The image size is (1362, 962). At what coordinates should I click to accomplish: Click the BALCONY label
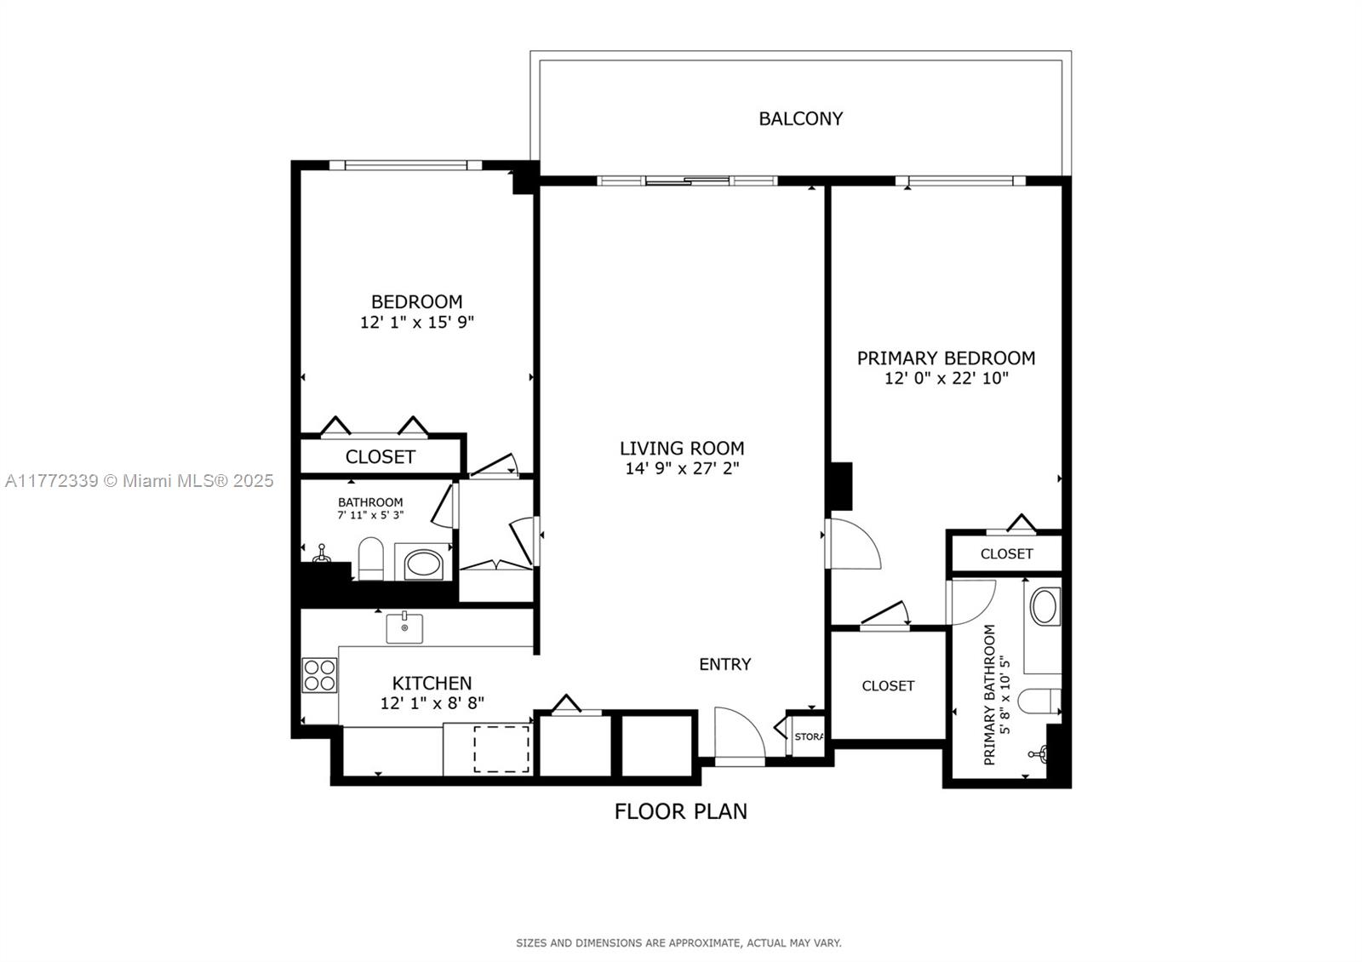point(801,118)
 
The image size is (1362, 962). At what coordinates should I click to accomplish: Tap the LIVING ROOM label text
point(682,448)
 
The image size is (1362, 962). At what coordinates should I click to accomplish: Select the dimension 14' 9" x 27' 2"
point(682,468)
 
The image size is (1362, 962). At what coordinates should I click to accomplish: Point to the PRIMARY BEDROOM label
point(946,358)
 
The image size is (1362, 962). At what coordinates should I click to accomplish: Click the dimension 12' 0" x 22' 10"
point(946,378)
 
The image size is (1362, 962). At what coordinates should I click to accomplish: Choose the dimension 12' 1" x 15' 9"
point(417,322)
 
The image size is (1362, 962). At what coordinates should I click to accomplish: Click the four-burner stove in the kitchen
point(320,676)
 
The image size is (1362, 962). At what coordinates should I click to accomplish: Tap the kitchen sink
point(404,628)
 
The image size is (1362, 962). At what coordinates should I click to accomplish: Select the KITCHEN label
point(432,683)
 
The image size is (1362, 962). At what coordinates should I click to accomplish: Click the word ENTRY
point(724,664)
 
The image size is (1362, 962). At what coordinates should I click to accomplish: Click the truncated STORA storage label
point(809,736)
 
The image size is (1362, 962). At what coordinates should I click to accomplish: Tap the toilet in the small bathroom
point(371,558)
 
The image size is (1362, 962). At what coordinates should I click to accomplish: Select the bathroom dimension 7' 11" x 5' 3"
point(371,515)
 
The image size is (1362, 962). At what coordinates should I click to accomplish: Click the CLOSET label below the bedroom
point(380,456)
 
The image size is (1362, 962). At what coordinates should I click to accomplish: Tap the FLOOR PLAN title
point(680,811)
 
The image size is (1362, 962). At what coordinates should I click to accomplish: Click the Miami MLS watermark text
point(140,481)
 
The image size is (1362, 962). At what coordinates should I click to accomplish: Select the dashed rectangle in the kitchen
point(501,749)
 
